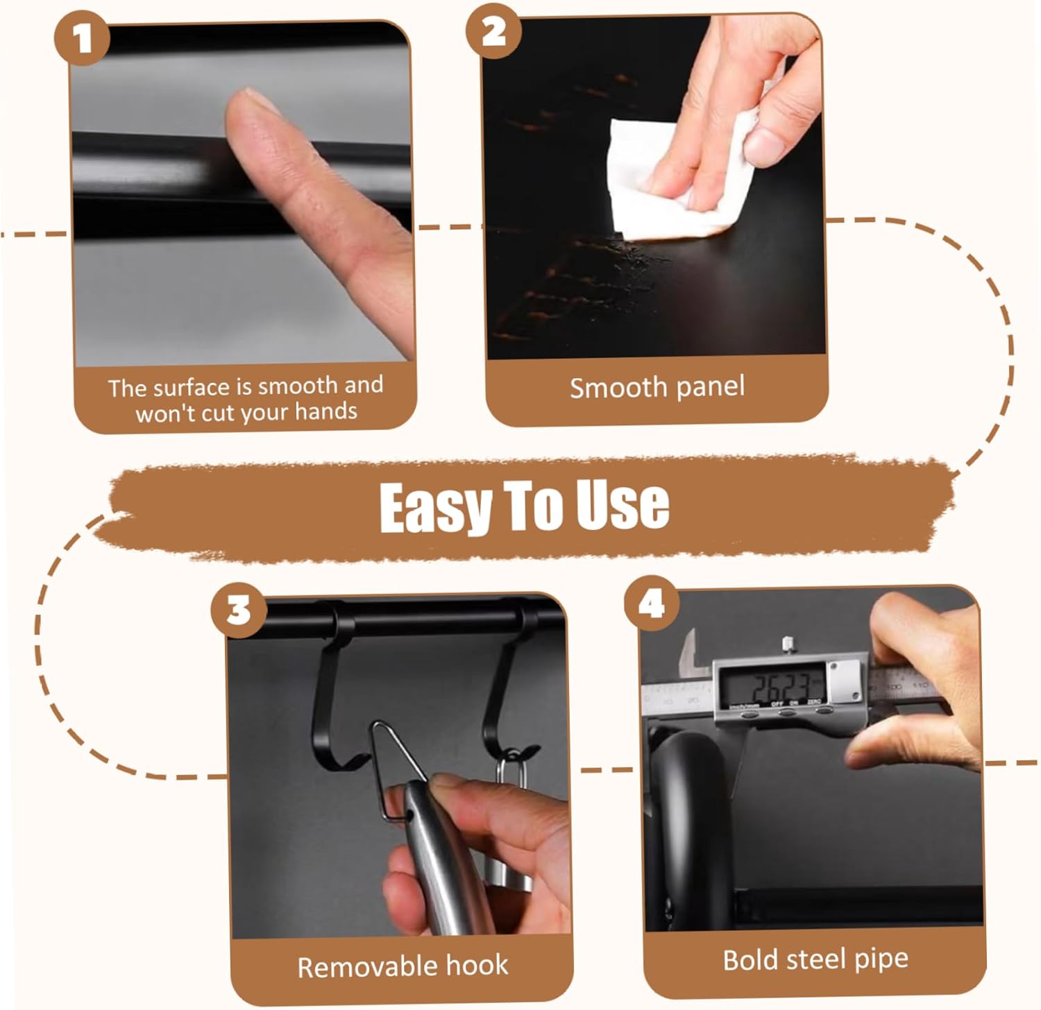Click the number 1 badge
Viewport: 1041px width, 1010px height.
[x=82, y=38]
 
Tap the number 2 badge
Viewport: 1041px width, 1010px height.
[x=493, y=31]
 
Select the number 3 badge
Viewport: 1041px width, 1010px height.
[x=239, y=610]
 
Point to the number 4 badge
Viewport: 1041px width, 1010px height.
[x=651, y=604]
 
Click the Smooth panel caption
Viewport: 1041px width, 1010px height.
[x=657, y=387]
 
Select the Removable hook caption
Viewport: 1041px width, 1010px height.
[x=403, y=966]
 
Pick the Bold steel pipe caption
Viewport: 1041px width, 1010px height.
[x=815, y=959]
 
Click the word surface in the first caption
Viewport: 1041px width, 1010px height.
[x=191, y=386]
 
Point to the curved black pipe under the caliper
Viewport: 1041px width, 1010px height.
[x=687, y=819]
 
